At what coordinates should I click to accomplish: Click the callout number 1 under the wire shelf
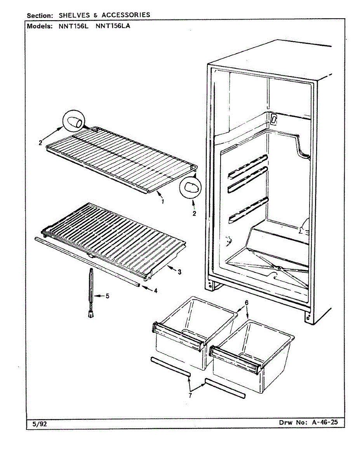click(x=162, y=201)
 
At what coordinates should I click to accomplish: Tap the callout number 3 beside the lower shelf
click(x=179, y=272)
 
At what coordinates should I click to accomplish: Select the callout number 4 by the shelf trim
click(x=155, y=290)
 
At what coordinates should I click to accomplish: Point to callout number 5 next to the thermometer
click(x=107, y=296)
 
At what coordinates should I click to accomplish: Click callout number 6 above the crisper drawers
click(x=247, y=303)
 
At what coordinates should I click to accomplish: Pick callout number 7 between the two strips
click(x=190, y=395)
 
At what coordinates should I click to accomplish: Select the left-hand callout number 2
click(x=40, y=143)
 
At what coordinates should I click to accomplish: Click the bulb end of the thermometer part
click(x=92, y=315)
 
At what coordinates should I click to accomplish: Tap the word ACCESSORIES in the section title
click(x=126, y=15)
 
